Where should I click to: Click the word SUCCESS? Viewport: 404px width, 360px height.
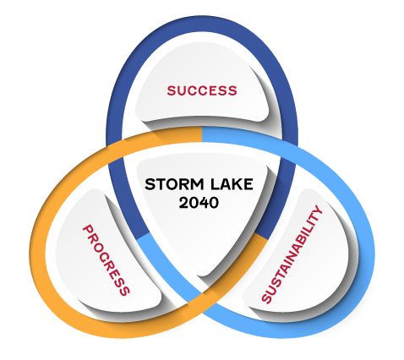pyautogui.click(x=202, y=90)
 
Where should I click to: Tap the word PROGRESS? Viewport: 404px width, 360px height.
pyautogui.click(x=106, y=260)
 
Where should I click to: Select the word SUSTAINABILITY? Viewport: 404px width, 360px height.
pyautogui.click(x=292, y=254)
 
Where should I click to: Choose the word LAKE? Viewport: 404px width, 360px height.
pyautogui.click(x=232, y=184)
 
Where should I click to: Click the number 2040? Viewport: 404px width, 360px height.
pyautogui.click(x=199, y=203)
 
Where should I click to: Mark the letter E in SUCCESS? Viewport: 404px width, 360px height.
pyautogui.click(x=215, y=90)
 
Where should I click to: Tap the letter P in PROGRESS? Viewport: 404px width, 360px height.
pyautogui.click(x=88, y=230)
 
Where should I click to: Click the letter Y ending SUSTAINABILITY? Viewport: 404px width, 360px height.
pyautogui.click(x=318, y=210)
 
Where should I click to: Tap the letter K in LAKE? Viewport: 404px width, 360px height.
pyautogui.click(x=237, y=184)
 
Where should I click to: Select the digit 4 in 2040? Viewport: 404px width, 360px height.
pyautogui.click(x=204, y=203)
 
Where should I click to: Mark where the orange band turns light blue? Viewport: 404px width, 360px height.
pyautogui.click(x=202, y=134)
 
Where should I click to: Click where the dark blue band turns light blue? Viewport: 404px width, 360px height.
pyautogui.click(x=144, y=237)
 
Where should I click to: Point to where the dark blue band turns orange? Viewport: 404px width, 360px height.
pyautogui.click(x=261, y=237)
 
